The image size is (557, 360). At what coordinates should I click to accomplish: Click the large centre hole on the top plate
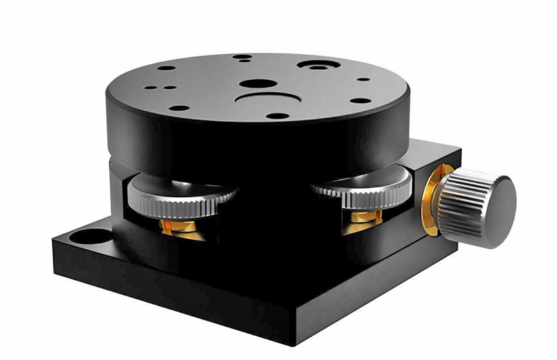[255, 85]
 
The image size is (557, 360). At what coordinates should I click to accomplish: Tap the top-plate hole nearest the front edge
[274, 115]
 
